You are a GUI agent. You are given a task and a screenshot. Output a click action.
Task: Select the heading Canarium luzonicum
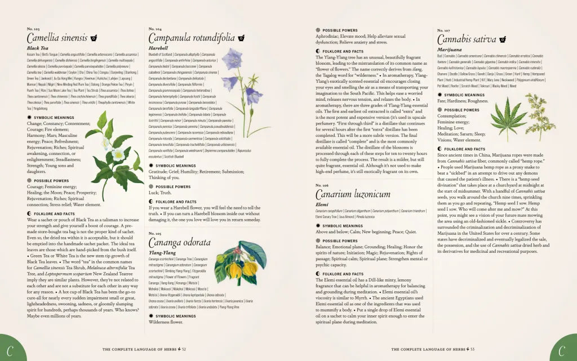click(x=353, y=194)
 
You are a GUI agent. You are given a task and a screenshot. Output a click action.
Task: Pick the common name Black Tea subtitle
click(x=38, y=48)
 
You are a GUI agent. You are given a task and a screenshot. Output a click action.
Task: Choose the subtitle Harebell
click(x=158, y=48)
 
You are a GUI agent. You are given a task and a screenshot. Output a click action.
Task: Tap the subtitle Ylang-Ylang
click(x=163, y=253)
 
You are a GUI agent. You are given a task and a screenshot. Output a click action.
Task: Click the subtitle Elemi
click(x=322, y=204)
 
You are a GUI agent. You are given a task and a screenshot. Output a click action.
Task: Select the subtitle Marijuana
click(x=449, y=50)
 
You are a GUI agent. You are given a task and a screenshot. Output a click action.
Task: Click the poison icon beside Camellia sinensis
click(x=94, y=38)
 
